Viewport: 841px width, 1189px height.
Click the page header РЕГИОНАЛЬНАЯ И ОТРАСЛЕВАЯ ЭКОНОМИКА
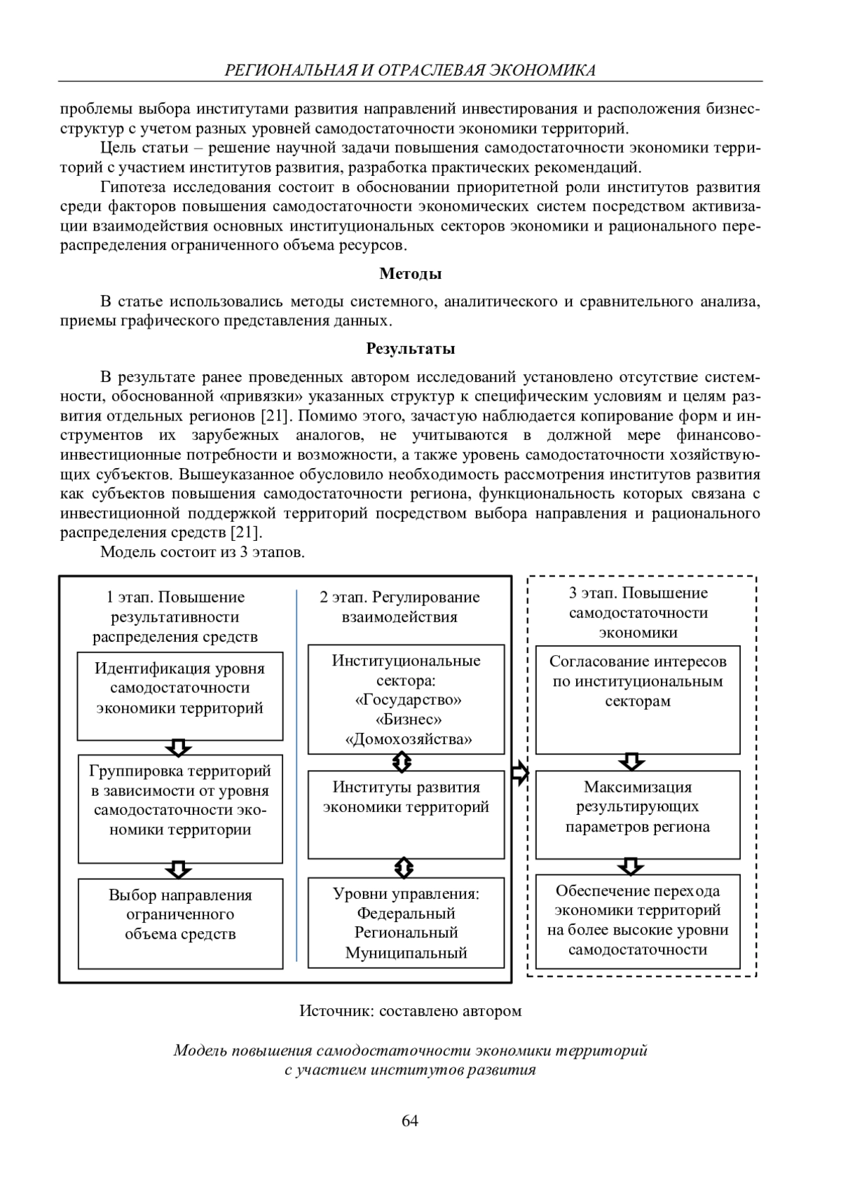tap(410, 70)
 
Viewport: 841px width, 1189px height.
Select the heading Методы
tap(410, 274)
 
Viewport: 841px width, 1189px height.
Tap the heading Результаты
tap(410, 348)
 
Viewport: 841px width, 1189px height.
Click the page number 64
tap(410, 1120)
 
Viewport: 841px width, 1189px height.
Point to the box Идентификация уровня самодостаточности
tap(180, 695)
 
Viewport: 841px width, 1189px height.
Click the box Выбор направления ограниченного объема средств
tap(180, 923)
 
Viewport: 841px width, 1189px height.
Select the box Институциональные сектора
tap(406, 699)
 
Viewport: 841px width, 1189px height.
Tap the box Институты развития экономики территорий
tap(406, 814)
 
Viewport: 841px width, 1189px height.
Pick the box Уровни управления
tap(406, 922)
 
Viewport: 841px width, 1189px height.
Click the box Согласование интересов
tap(638, 699)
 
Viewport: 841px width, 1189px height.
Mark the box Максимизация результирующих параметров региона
tap(638, 814)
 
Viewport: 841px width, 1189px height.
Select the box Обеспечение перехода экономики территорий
tap(638, 921)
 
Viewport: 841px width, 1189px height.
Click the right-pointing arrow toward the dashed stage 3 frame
tap(519, 774)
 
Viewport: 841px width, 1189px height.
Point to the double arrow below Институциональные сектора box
tap(403, 762)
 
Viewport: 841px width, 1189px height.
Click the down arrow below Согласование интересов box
tap(633, 762)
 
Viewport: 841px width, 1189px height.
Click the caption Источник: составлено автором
tap(410, 1011)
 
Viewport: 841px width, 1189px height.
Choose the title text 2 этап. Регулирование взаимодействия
tap(399, 607)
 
